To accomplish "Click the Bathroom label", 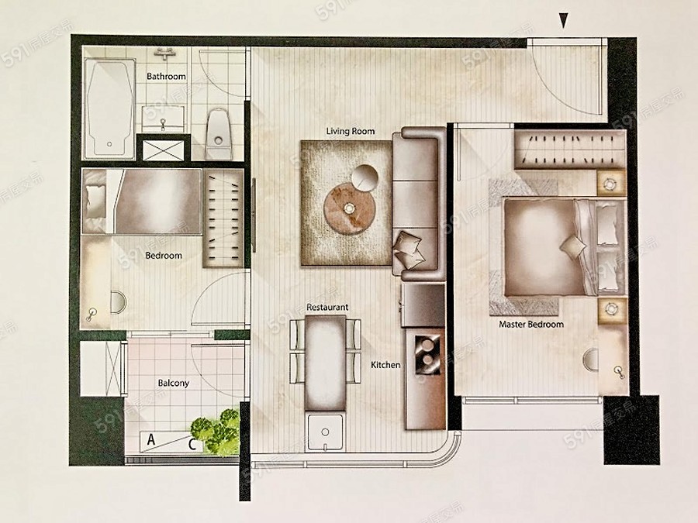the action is (x=166, y=77).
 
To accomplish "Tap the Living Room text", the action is (x=351, y=131).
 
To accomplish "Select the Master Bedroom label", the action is (x=531, y=324).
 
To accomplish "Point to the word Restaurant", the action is (x=327, y=308).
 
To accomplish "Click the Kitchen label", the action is (x=385, y=365).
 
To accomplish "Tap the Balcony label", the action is (x=174, y=383).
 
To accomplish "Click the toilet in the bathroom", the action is (x=219, y=134).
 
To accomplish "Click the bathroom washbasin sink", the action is (x=163, y=119).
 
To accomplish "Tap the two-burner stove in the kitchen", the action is (x=428, y=353).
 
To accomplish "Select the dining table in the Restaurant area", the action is (x=326, y=363).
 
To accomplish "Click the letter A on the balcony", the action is (x=151, y=440).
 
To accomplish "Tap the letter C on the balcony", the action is (x=192, y=444).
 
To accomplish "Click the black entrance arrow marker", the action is (x=564, y=20).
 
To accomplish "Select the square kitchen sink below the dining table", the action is (x=326, y=432).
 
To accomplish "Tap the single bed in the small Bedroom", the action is (x=142, y=201).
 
